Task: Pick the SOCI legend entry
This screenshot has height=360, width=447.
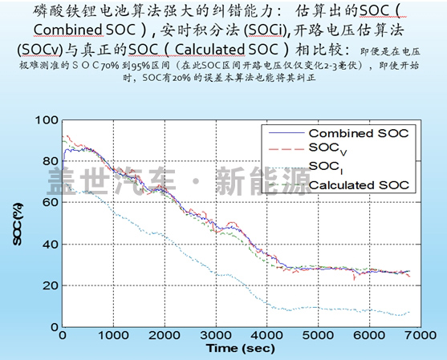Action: [x=325, y=167]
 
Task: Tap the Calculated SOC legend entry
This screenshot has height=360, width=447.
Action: [x=360, y=184]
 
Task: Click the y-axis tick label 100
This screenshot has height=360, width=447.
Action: [x=47, y=120]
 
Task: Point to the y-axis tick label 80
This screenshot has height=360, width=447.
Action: [x=51, y=161]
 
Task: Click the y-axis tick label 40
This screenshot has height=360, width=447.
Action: [x=51, y=244]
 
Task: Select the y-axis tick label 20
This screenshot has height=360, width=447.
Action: [x=51, y=285]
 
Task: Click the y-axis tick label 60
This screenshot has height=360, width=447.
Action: [x=51, y=203]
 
